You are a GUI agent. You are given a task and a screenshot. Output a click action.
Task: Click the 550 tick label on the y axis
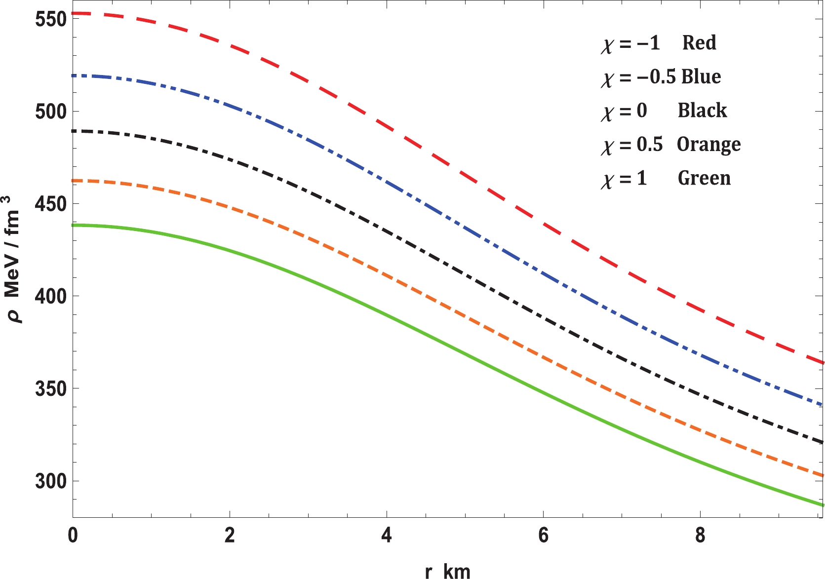click(x=51, y=19)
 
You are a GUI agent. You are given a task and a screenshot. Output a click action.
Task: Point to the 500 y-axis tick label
click(x=51, y=112)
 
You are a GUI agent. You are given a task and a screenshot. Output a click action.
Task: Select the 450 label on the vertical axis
click(x=51, y=204)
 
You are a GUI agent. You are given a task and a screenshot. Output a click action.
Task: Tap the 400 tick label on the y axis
click(x=51, y=296)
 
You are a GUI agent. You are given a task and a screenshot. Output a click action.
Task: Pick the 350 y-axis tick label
click(x=51, y=388)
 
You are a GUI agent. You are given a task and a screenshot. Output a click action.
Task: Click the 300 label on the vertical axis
click(x=51, y=481)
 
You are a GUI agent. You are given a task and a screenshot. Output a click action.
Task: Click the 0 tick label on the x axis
click(x=73, y=536)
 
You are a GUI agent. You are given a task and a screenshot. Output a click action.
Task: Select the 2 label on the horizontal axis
click(x=230, y=536)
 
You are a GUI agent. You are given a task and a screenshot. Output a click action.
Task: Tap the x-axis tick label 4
click(x=387, y=536)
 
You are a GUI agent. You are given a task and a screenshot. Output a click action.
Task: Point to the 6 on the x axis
click(x=543, y=536)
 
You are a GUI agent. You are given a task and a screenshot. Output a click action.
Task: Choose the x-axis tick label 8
click(x=700, y=536)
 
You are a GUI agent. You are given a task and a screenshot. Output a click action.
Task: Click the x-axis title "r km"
click(x=447, y=571)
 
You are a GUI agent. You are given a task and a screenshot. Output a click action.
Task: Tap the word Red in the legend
click(x=699, y=43)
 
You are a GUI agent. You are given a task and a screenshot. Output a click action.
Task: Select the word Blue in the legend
click(x=701, y=77)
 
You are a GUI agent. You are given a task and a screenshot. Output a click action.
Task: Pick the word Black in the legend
click(x=702, y=111)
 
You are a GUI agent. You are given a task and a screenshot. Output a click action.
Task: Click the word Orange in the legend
click(x=708, y=144)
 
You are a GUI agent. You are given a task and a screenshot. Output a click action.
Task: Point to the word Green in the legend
click(x=704, y=178)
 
